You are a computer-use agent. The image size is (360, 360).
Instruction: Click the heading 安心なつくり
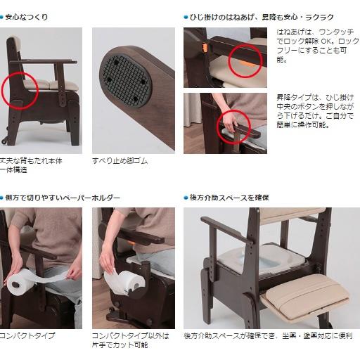click(27, 16)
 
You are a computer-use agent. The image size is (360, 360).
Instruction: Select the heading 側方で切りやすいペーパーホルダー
click(63, 198)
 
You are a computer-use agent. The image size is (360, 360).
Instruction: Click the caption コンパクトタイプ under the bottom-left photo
click(27, 335)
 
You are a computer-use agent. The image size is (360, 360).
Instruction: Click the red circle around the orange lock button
click(243, 59)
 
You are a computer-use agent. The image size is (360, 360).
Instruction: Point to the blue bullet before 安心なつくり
click(2, 16)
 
